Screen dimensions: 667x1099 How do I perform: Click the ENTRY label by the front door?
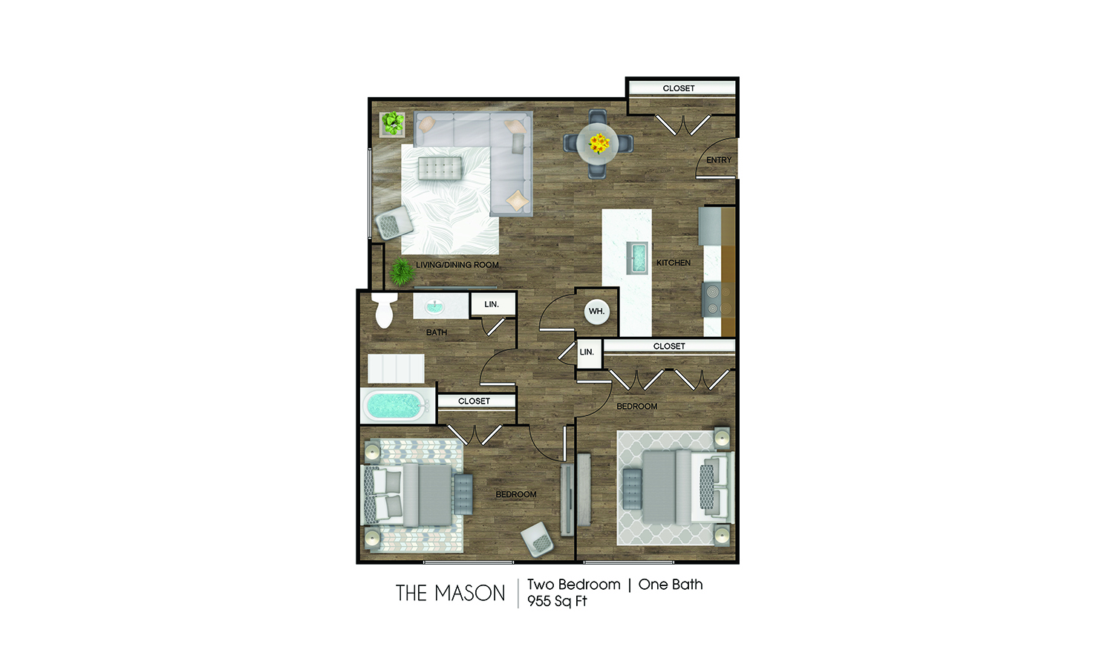(718, 160)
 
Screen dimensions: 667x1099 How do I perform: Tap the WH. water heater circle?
(596, 312)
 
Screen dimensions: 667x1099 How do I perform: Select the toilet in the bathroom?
(383, 309)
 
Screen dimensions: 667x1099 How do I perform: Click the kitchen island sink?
(638, 258)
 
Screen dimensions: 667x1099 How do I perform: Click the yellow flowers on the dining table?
(599, 142)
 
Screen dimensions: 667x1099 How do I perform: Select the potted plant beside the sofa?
(392, 123)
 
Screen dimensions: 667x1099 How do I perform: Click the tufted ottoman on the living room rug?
(440, 168)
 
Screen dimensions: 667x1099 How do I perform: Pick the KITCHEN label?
(673, 263)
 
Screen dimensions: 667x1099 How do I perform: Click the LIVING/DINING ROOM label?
(457, 265)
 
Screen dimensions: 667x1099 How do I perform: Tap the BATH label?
(437, 332)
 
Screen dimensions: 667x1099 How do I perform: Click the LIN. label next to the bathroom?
(492, 304)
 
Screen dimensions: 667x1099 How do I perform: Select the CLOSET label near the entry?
(679, 88)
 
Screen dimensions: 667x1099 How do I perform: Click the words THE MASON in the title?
(450, 594)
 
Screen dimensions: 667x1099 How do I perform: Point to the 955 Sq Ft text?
(557, 602)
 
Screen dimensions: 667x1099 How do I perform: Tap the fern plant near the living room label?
(402, 272)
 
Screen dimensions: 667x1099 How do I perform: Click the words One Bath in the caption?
(671, 585)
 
